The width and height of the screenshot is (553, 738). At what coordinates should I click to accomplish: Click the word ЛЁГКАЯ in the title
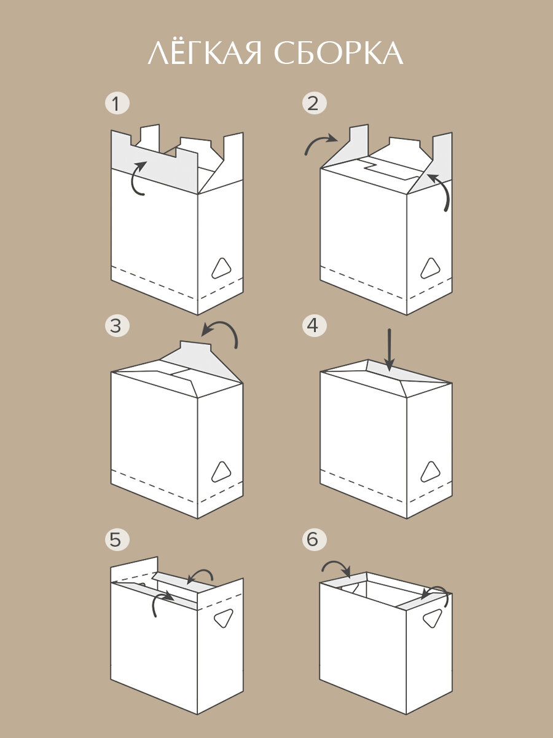[x=205, y=53]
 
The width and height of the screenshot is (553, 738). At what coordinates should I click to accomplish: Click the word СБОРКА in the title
[x=339, y=54]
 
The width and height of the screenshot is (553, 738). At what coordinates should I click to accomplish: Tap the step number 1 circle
[x=117, y=103]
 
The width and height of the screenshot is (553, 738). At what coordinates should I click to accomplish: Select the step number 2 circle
[x=314, y=103]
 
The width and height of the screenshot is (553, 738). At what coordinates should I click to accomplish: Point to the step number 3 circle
[x=117, y=325]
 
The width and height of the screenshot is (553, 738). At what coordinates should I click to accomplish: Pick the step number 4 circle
[x=314, y=325]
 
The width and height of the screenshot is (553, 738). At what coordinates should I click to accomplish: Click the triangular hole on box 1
[x=221, y=269]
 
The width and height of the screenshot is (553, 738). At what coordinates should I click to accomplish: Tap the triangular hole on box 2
[x=430, y=269]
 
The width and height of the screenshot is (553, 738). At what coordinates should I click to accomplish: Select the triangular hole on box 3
[x=221, y=472]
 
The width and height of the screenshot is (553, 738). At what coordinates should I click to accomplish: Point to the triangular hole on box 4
[x=430, y=472]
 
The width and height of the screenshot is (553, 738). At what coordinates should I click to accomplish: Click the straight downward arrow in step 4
[x=389, y=350]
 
